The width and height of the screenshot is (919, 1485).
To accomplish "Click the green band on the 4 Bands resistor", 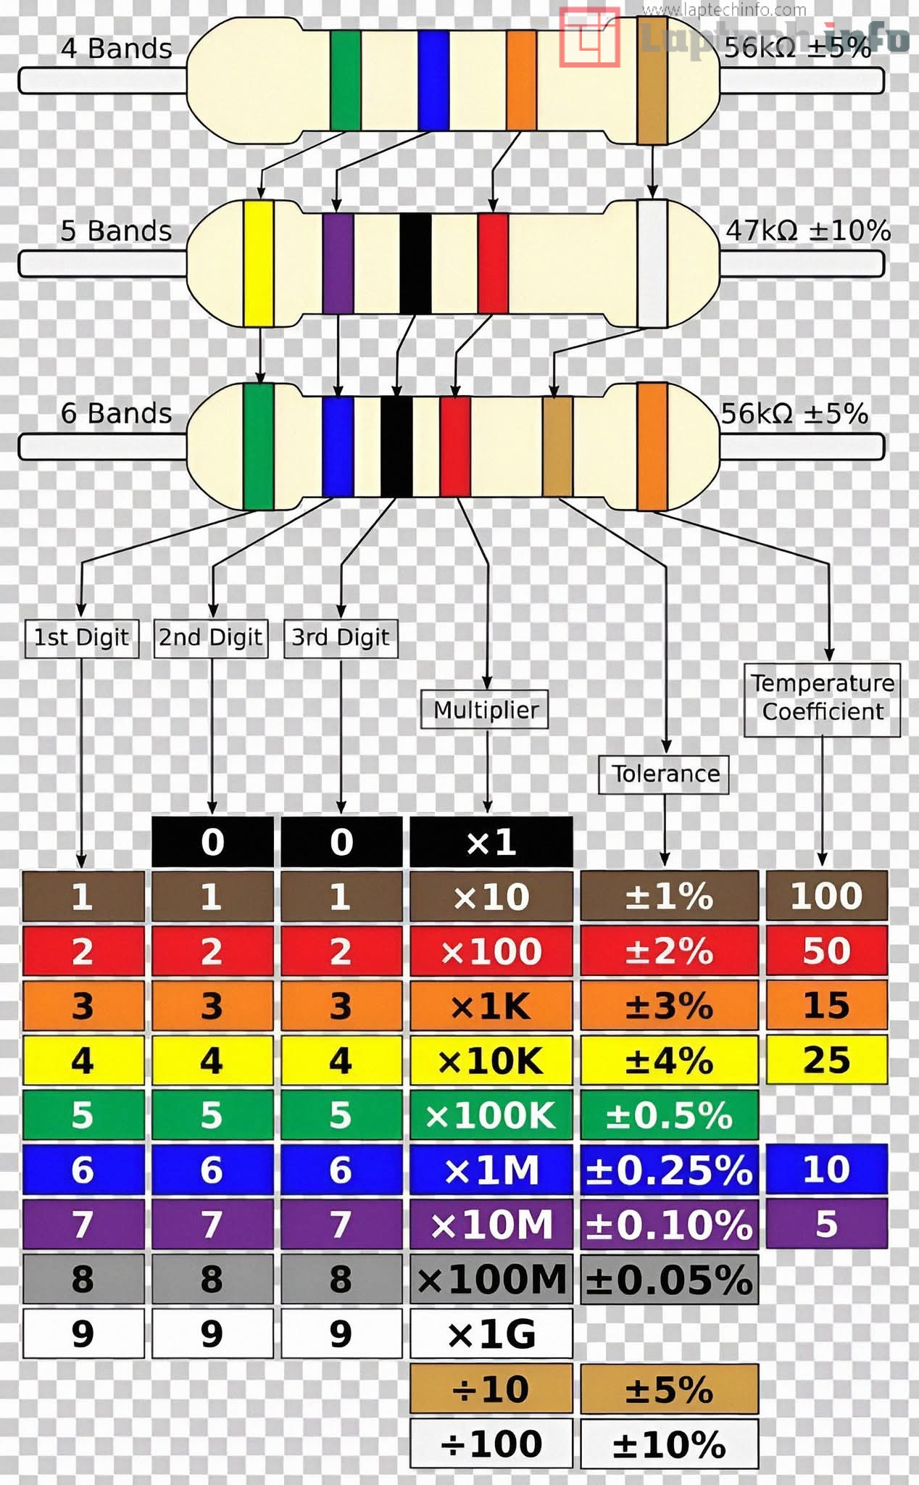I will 345,80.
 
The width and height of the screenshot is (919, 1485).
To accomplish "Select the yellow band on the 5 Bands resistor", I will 258,263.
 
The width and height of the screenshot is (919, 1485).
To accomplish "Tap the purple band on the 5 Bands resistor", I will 338,263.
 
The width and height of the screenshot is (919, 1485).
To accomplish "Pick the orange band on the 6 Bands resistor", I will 652,446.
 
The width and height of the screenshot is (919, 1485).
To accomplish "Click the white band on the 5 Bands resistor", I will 652,263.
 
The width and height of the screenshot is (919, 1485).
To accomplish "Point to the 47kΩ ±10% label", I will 807,231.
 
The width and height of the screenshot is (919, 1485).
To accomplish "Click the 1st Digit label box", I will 82,638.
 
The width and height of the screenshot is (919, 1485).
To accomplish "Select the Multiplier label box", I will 485,710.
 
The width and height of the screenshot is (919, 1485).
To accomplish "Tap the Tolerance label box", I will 664,774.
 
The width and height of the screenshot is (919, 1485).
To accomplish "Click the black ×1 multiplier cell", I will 491,842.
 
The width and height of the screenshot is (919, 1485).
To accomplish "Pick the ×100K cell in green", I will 491,1115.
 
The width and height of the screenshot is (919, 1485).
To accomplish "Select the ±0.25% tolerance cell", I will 669,1170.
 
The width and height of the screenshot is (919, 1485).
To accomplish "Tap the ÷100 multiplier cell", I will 491,1444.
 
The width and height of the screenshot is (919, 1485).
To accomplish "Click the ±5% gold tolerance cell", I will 669,1389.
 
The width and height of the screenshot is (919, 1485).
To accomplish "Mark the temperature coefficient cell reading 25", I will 826,1060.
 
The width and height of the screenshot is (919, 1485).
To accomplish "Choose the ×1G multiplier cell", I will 491,1334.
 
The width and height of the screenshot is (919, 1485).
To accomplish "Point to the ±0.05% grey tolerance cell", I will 669,1280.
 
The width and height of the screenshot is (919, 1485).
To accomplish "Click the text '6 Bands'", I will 116,413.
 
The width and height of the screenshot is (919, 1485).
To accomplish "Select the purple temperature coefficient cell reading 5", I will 826,1224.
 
